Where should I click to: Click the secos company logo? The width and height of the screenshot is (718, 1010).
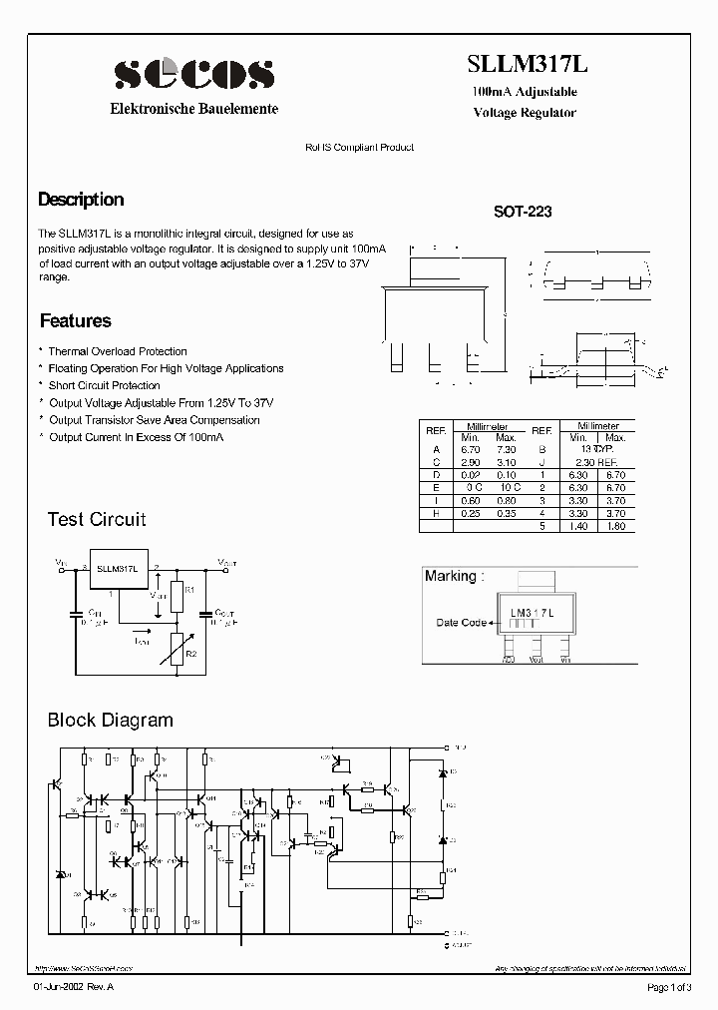193,73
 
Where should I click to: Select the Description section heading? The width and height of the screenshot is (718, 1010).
81,200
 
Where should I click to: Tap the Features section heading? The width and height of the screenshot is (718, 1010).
75,321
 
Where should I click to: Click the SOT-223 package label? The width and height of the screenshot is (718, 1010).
523,213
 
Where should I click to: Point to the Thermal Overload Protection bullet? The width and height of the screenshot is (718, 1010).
117,351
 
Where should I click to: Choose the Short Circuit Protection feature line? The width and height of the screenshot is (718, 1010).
104,385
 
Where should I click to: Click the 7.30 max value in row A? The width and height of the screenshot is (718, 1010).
506,450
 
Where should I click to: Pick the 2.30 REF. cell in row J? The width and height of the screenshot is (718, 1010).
596,462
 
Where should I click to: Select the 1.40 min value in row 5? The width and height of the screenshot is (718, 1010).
579,526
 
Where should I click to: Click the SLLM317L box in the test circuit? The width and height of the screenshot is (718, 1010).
117,568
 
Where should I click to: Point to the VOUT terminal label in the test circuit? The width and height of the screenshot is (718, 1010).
226,562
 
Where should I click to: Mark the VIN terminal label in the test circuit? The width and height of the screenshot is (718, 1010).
62,562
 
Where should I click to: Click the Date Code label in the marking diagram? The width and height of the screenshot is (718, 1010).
461,623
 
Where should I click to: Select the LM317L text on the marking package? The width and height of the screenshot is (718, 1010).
532,609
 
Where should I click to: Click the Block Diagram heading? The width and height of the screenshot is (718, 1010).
110,720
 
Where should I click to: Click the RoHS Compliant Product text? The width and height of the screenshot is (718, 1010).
359,147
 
